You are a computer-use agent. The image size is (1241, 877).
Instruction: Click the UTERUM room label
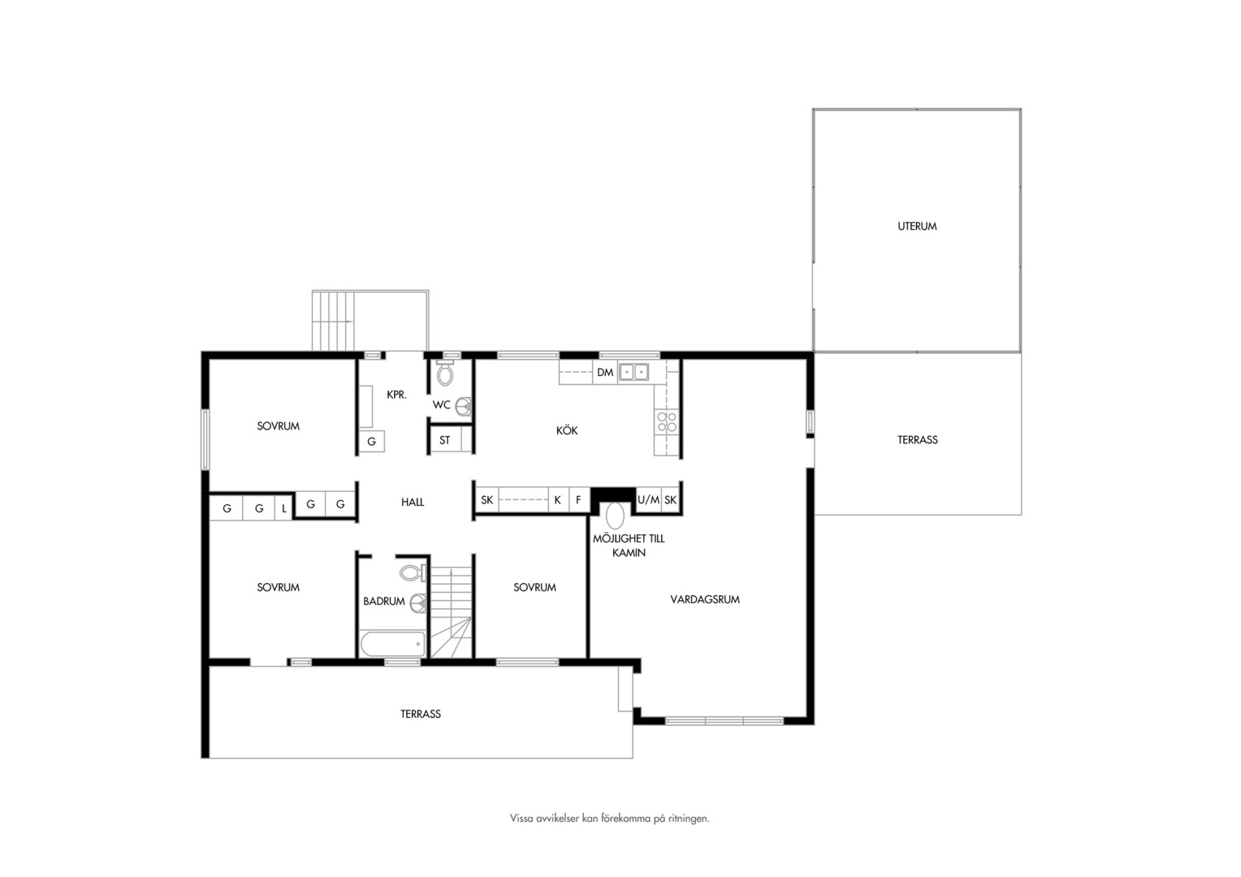pos(917,226)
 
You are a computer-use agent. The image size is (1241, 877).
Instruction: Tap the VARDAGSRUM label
pos(705,599)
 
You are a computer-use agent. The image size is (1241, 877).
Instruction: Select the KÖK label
pos(567,430)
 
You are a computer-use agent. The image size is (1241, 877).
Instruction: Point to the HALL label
pos(413,502)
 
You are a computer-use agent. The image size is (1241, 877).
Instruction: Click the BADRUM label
pos(384,601)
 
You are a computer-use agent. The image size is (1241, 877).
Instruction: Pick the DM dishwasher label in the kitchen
pos(605,372)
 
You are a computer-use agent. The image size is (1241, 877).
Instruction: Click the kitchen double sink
pos(633,372)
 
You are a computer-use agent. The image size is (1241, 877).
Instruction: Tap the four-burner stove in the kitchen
pos(667,421)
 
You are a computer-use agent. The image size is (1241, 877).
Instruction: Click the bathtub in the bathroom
pos(393,644)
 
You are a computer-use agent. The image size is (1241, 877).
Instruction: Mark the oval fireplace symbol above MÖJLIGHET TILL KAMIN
pos(614,516)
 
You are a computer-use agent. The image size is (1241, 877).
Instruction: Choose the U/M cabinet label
pos(648,499)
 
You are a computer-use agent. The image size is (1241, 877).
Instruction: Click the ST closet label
pos(444,440)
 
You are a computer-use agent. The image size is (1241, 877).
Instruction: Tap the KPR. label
pos(396,395)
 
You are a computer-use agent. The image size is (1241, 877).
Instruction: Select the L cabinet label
pos(284,508)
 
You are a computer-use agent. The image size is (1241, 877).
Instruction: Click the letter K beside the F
pos(557,499)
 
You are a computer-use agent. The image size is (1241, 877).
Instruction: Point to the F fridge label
pos(578,499)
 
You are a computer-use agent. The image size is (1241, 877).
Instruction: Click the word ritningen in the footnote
pos(689,819)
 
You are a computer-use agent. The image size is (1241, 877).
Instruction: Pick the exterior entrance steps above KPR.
pos(333,321)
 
